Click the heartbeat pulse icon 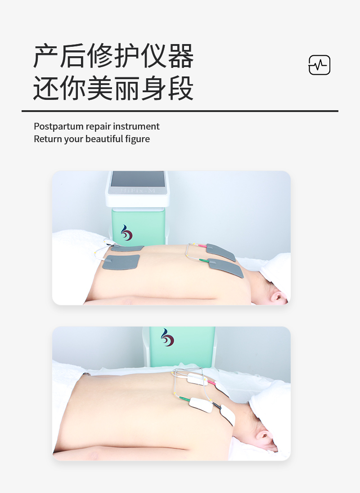point(319,65)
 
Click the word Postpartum point(59,126)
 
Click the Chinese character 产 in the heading point(45,56)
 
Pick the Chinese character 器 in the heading point(181,56)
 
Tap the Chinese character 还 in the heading point(45,88)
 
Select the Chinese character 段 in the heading point(181,88)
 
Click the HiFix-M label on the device point(137,191)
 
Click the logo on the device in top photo point(126,233)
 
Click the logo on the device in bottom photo point(167,337)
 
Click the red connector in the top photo point(202,246)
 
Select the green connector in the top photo point(204,260)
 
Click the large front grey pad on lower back point(121,262)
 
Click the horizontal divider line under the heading point(180,111)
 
